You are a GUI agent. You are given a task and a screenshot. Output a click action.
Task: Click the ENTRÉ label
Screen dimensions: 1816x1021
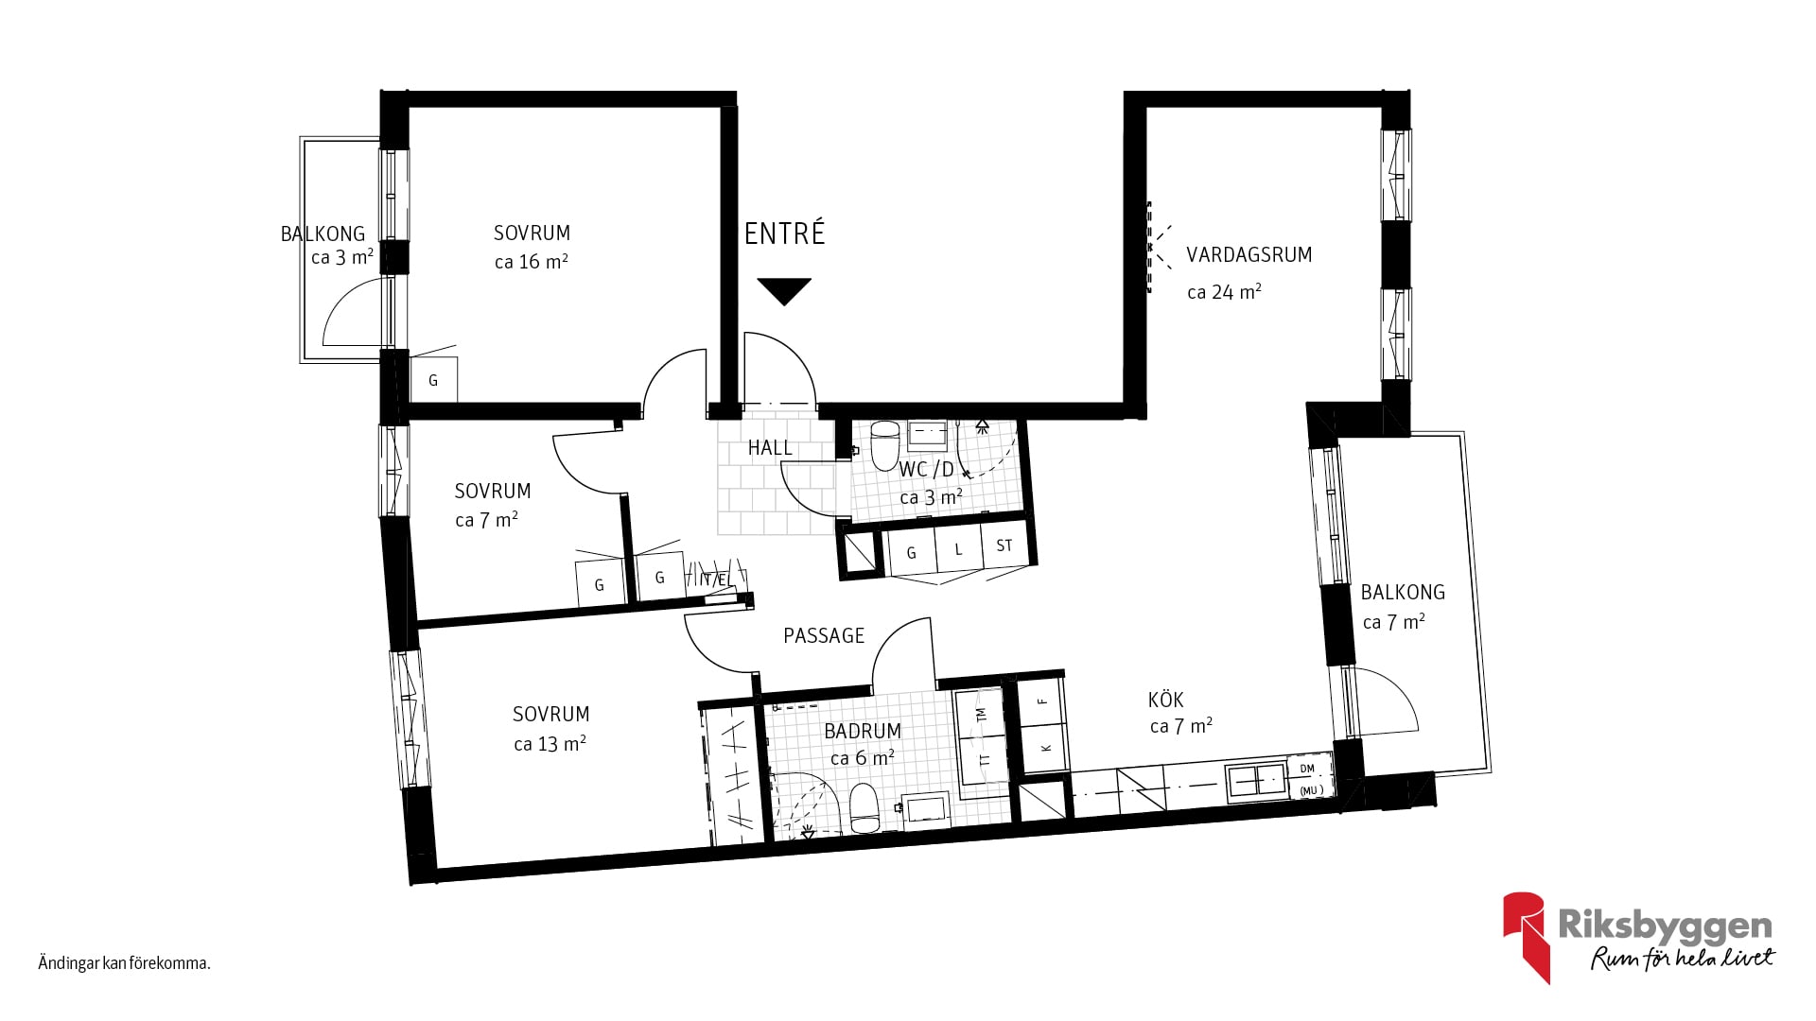[784, 234]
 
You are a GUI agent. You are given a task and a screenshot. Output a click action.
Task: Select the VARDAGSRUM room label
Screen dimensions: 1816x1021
[1248, 255]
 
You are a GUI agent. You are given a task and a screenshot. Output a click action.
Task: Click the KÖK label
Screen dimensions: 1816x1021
[1165, 700]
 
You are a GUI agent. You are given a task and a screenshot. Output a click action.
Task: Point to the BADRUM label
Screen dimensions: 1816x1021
[862, 731]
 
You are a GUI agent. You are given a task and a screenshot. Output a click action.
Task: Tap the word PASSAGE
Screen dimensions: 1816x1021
[824, 636]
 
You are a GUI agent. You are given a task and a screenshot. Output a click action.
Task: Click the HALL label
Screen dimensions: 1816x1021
[770, 448]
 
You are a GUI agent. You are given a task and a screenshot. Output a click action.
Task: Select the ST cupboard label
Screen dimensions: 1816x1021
[1004, 545]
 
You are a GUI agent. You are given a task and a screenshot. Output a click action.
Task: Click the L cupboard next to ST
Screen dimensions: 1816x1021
[958, 549]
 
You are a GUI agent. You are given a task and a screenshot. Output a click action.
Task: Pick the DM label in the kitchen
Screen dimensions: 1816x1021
[1307, 769]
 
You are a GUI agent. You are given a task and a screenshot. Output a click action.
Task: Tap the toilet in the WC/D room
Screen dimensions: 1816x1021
[884, 445]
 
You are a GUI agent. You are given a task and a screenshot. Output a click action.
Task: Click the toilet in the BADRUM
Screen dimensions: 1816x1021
[864, 808]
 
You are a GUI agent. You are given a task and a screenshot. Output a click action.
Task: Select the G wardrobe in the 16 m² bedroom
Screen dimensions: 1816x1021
[434, 380]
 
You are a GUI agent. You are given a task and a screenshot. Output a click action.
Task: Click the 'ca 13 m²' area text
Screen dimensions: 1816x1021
[550, 744]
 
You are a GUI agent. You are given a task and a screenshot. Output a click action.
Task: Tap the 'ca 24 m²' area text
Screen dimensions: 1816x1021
[1224, 292]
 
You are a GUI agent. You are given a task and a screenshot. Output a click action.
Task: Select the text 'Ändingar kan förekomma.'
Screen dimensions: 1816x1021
[124, 964]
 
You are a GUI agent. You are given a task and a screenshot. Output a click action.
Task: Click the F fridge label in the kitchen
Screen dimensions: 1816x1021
[1043, 701]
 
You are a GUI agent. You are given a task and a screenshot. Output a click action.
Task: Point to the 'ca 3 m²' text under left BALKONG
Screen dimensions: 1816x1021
[342, 257]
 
